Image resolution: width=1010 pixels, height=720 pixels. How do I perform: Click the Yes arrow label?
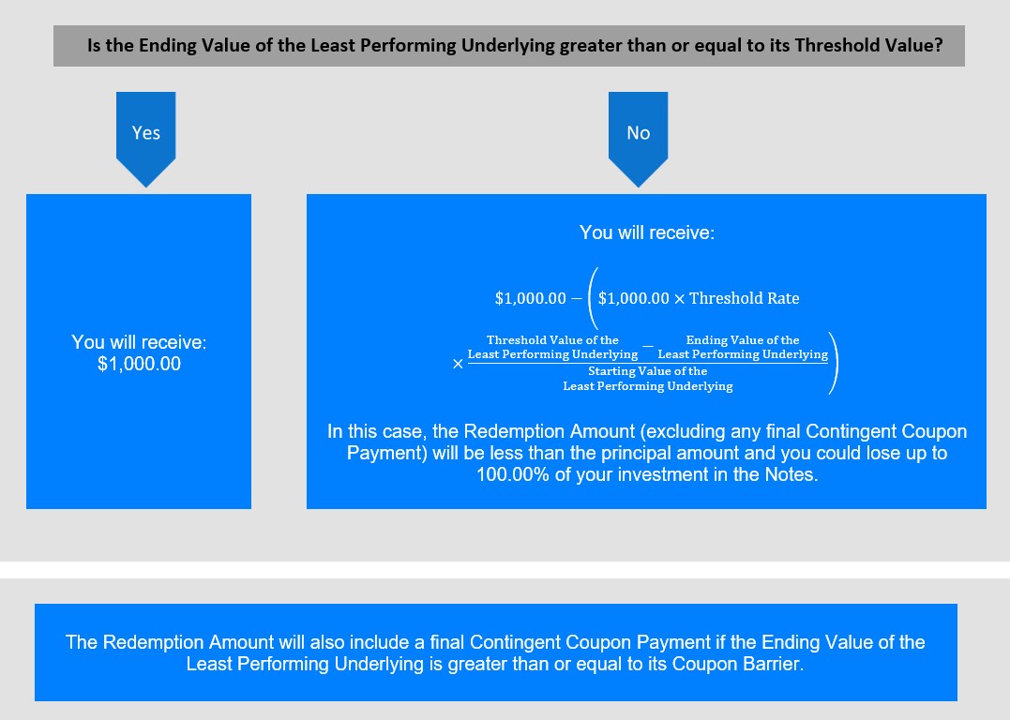click(x=146, y=133)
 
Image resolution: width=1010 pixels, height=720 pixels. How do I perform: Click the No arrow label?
click(x=639, y=133)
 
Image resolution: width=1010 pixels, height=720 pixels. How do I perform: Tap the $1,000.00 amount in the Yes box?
click(x=139, y=364)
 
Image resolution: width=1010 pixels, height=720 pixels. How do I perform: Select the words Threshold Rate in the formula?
click(x=744, y=298)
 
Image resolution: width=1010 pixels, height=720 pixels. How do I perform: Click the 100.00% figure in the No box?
click(x=513, y=474)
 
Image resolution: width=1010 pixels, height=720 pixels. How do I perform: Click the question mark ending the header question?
click(x=939, y=45)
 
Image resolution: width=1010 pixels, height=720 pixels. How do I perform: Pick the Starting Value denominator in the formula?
click(x=648, y=379)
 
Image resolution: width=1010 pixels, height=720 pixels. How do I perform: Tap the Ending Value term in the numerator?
click(x=743, y=347)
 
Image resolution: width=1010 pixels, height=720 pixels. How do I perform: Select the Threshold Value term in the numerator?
click(x=552, y=347)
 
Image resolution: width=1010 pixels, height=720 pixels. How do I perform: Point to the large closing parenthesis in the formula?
click(x=834, y=363)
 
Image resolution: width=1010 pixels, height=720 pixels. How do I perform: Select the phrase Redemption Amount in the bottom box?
click(x=188, y=642)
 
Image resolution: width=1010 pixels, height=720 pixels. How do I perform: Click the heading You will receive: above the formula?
click(x=647, y=232)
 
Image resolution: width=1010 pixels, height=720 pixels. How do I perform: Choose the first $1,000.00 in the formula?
click(x=530, y=298)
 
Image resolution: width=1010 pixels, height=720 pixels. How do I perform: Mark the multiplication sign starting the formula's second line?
click(x=458, y=364)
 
